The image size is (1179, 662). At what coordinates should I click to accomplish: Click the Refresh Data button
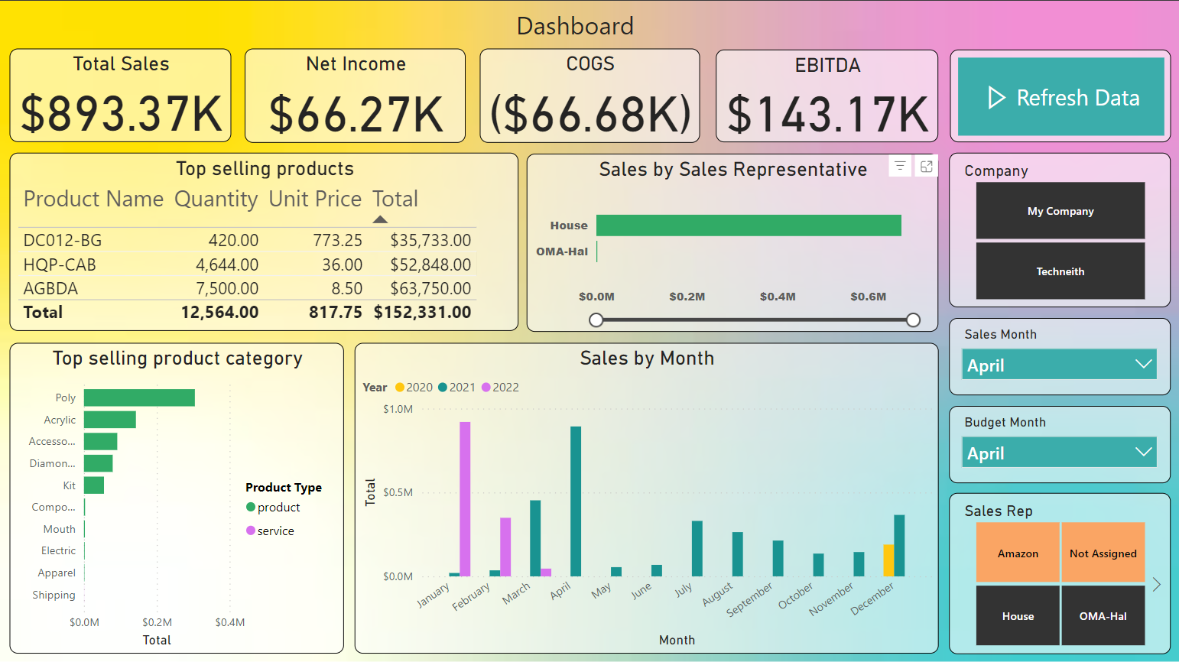[1060, 97]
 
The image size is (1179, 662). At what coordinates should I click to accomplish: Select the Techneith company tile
[1060, 271]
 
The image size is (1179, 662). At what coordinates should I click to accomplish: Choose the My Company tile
[1060, 211]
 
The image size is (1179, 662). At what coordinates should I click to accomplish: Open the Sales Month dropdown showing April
[1059, 365]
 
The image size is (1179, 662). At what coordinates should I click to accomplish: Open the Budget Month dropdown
[1059, 453]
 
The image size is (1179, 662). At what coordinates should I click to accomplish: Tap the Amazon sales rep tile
[1018, 553]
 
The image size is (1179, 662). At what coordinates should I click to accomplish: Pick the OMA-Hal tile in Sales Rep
[1103, 615]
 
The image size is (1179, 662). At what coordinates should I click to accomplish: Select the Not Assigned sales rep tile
[1103, 553]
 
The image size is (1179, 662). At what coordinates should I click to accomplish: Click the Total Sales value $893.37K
[121, 113]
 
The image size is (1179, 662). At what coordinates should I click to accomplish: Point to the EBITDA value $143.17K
[827, 114]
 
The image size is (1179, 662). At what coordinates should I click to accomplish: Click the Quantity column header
[216, 199]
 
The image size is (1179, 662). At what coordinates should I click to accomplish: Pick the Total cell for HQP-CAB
[430, 264]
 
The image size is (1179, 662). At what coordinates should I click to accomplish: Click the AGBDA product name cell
[51, 288]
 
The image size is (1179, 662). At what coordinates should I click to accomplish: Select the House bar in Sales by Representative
[748, 226]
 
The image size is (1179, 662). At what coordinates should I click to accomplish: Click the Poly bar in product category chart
[139, 398]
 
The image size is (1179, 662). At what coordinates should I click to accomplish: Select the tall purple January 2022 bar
[465, 498]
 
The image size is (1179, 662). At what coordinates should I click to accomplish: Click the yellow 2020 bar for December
[888, 560]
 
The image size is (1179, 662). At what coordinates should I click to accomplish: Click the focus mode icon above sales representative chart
[927, 166]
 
